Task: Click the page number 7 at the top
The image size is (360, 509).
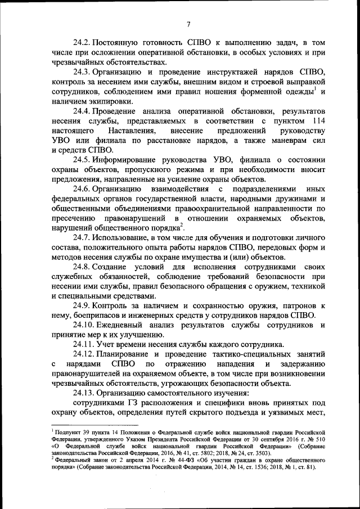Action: coord(189,24)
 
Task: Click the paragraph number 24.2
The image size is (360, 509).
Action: coord(82,42)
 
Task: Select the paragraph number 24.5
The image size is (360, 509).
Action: coord(82,160)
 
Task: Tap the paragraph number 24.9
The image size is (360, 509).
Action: coord(82,305)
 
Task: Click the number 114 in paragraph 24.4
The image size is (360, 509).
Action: coord(317,121)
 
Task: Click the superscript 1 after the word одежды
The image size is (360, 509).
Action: coord(315,88)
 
